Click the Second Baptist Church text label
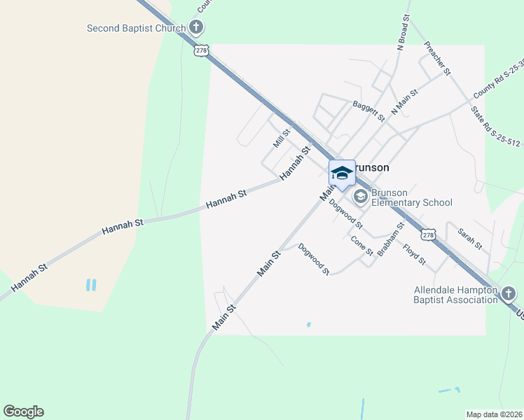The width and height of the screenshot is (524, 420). pos(136,29)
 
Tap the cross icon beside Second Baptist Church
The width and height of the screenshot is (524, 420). pos(196,28)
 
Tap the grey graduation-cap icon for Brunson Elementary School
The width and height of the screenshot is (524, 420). pos(361,197)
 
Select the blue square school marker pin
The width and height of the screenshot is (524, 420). pos(342,174)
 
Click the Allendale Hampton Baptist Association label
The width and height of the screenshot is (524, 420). pos(455,295)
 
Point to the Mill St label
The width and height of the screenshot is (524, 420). pos(282,138)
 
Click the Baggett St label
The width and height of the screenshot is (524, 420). pos(369,111)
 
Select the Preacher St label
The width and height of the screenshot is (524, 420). pos(437,59)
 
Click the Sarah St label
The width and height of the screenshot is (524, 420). pos(469,238)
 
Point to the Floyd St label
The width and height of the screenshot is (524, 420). pos(414,255)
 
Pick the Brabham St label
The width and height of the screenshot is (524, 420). pos(391,240)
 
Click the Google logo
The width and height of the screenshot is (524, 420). pos(23,412)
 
